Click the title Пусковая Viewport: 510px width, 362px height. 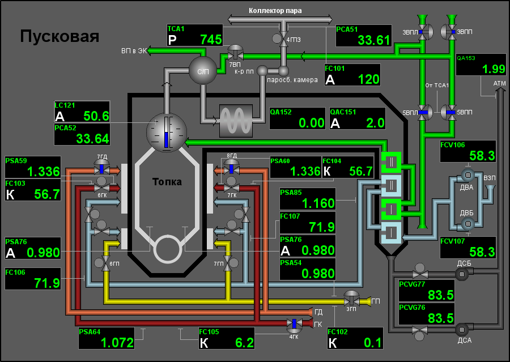pyautogui.click(x=59, y=37)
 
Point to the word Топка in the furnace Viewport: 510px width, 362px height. pyautogui.click(x=167, y=182)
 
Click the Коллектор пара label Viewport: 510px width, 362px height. pyautogui.click(x=275, y=10)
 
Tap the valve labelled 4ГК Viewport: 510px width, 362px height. pyautogui.click(x=294, y=324)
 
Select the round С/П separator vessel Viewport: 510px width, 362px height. pyautogui.click(x=202, y=71)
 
